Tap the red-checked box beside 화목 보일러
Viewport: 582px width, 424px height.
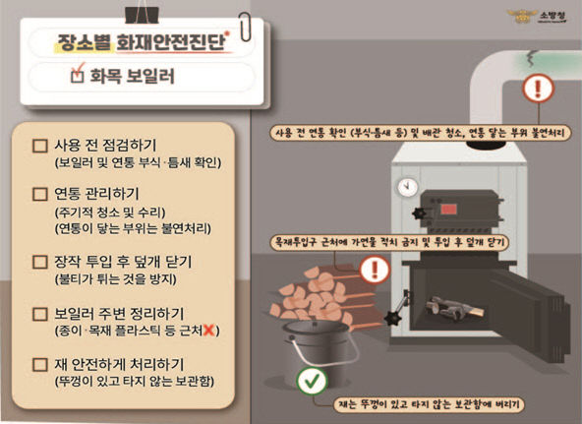tap(79, 75)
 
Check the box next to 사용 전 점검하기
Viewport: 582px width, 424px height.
tap(40, 145)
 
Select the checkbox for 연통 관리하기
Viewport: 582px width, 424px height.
tap(40, 194)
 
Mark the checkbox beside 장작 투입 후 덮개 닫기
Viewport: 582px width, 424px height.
tap(40, 263)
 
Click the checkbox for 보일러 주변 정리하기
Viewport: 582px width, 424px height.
tap(40, 315)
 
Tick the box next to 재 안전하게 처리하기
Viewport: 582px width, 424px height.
tap(40, 365)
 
